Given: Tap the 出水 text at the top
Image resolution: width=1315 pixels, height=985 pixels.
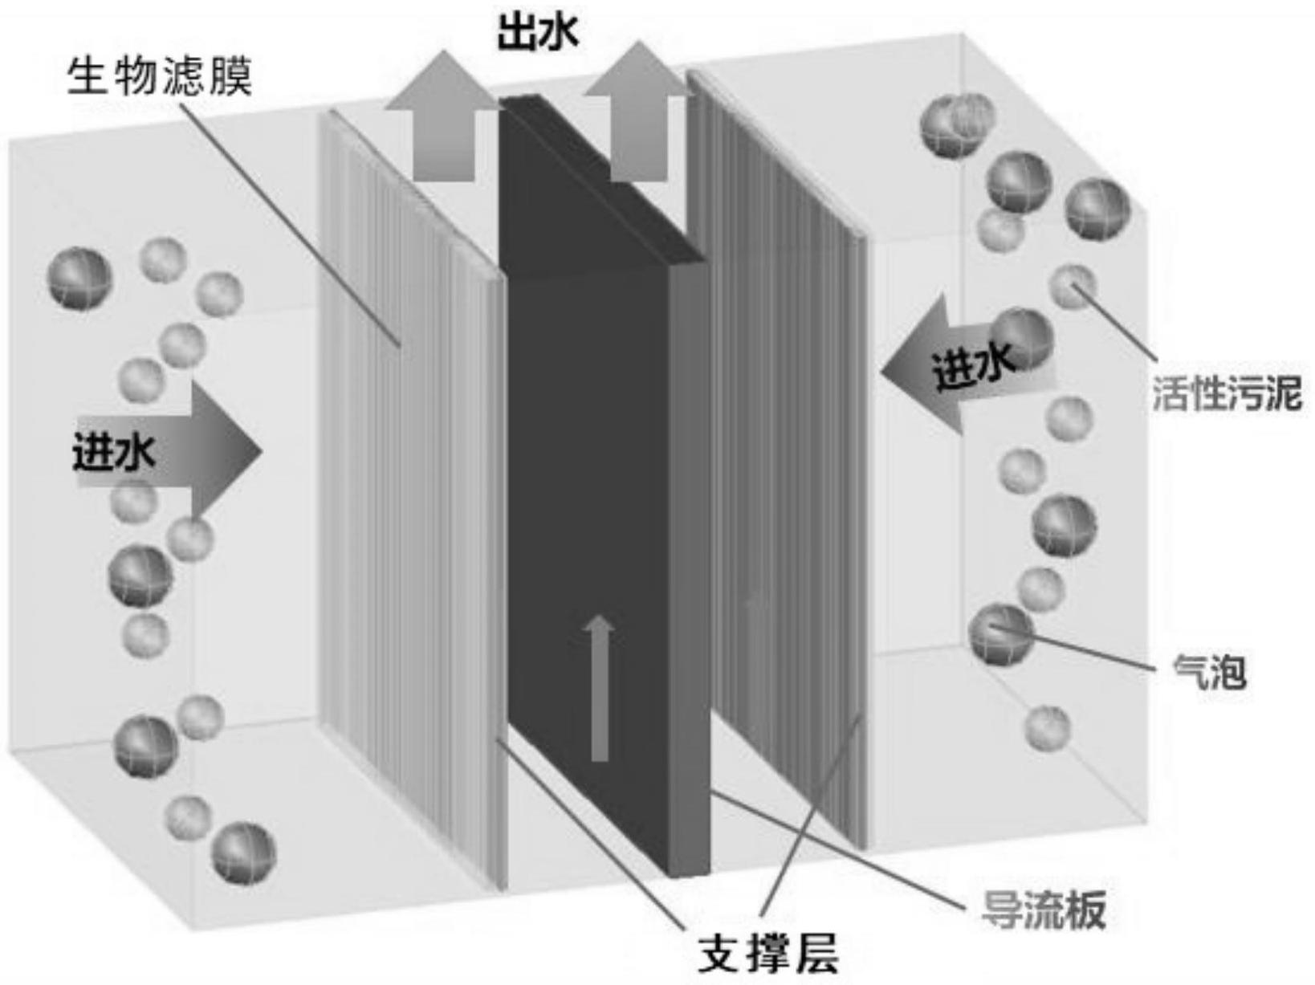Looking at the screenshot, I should coord(537,34).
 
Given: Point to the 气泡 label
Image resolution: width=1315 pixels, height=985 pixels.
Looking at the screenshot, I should coord(1209,670).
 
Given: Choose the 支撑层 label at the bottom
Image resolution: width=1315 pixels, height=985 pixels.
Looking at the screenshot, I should coord(768,955).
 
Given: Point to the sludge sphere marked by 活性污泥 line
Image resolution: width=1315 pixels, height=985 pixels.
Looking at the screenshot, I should coord(1073,287).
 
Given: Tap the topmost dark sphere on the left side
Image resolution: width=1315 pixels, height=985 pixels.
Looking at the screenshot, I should coord(80,279).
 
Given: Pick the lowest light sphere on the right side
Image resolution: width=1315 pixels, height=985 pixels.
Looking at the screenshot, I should coord(1048,728).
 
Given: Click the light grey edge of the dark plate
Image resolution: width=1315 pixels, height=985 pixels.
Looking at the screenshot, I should coord(689,562).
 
